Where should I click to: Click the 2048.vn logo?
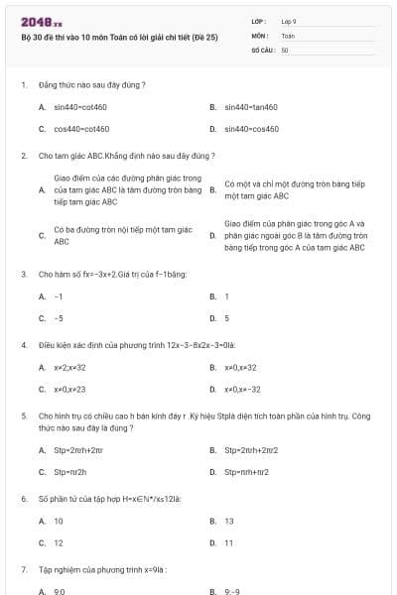41,22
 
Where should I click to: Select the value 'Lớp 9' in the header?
289,21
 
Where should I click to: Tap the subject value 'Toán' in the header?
288,35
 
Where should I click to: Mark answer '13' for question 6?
229,521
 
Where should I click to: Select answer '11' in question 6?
229,542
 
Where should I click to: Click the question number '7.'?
24,570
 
